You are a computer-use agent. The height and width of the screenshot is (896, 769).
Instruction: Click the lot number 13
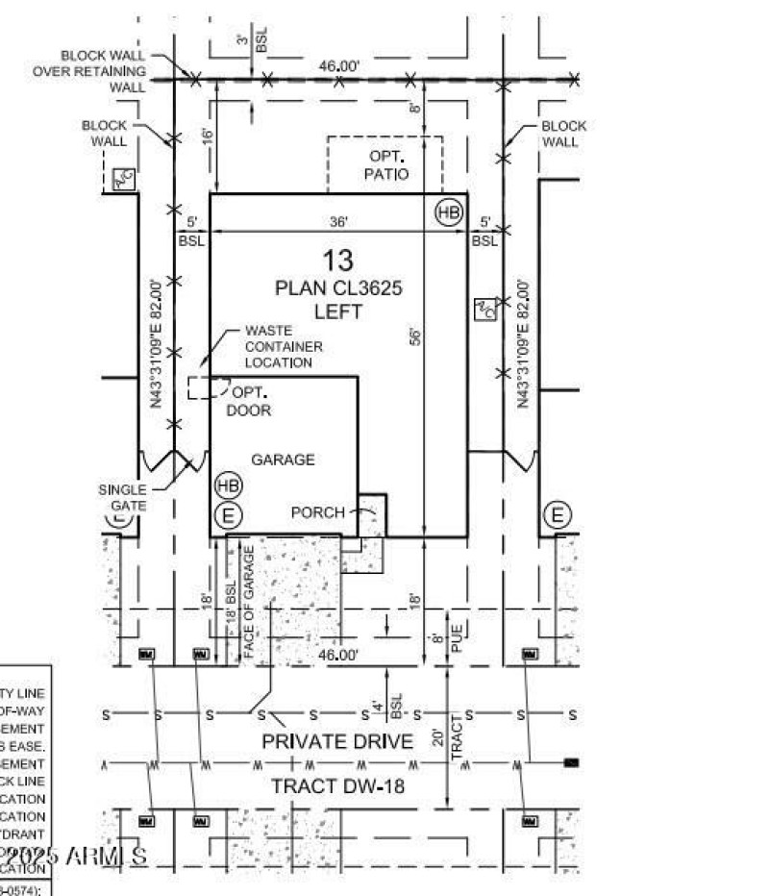[338, 260]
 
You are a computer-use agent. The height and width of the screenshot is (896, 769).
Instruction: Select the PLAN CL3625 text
[338, 287]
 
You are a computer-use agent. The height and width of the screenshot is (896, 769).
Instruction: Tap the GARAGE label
[283, 460]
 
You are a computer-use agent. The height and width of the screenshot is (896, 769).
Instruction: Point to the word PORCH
[317, 512]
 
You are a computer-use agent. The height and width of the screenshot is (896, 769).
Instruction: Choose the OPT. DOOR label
[249, 401]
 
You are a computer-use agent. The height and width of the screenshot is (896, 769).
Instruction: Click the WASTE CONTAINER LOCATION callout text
[283, 346]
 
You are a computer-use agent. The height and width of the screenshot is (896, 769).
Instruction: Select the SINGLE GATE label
[123, 497]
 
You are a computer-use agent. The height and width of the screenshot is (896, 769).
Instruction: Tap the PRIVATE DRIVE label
[337, 741]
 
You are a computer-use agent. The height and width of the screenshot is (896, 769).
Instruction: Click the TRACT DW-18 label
[337, 785]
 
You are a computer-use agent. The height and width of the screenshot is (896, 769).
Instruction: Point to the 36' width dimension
[338, 221]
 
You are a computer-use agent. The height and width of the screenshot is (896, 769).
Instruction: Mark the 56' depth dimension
[415, 336]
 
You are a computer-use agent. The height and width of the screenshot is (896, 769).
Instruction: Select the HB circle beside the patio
[449, 212]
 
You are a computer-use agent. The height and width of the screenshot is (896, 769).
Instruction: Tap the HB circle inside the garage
[228, 485]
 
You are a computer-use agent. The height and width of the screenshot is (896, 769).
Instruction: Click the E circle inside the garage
[228, 516]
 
